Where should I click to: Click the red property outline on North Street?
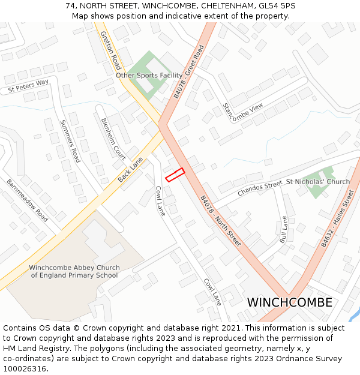pyautogui.click(x=175, y=175)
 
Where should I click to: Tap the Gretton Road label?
pyautogui.click(x=111, y=50)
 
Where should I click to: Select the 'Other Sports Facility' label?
pyautogui.click(x=149, y=76)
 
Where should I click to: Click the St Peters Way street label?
pyautogui.click(x=28, y=86)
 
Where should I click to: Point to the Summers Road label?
pyautogui.click(x=70, y=141)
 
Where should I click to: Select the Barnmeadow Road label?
pyautogui.click(x=27, y=200)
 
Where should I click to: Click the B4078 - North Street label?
pyautogui.click(x=221, y=221)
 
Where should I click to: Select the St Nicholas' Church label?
pyautogui.click(x=317, y=181)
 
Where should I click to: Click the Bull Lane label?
pyautogui.click(x=284, y=229)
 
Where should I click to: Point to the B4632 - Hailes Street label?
pyautogui.click(x=337, y=218)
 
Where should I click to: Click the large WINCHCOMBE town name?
pyautogui.click(x=290, y=302)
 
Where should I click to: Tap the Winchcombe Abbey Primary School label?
pyautogui.click(x=74, y=271)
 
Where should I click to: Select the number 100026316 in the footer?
pyautogui.click(x=24, y=368)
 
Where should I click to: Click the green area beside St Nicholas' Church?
pyautogui.click(x=317, y=190)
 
